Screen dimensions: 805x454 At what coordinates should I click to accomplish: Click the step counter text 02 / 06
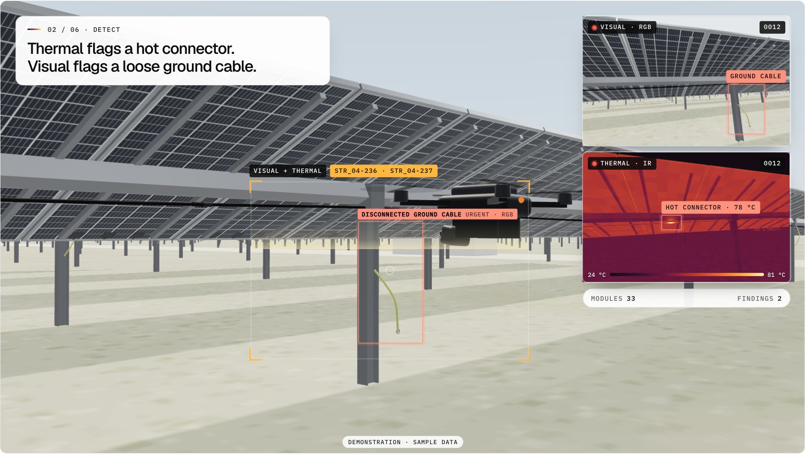click(x=63, y=30)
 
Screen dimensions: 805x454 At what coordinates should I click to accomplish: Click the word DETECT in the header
click(x=107, y=30)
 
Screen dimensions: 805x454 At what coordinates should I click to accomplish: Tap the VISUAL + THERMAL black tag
click(x=287, y=171)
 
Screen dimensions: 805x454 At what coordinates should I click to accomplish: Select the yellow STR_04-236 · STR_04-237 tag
click(x=383, y=171)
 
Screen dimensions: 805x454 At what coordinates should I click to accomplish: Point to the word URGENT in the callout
click(x=477, y=215)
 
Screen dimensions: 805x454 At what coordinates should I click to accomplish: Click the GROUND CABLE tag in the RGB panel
click(x=755, y=76)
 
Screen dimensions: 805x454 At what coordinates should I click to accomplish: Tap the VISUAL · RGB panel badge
click(x=622, y=27)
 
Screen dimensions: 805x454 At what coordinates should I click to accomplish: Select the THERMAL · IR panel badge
click(x=622, y=164)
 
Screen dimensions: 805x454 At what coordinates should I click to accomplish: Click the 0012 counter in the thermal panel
click(x=772, y=164)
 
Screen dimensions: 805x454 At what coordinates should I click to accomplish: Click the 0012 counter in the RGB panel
click(x=772, y=27)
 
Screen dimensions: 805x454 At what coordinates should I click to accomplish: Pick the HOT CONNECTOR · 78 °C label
click(x=710, y=208)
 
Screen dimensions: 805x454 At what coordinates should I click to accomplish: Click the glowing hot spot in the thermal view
click(x=671, y=223)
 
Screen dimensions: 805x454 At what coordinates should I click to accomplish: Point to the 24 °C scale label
click(x=597, y=275)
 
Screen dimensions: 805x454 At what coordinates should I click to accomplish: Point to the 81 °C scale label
click(x=776, y=275)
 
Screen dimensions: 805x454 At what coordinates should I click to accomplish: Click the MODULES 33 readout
click(x=613, y=298)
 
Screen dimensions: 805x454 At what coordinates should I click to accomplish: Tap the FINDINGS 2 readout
click(x=759, y=298)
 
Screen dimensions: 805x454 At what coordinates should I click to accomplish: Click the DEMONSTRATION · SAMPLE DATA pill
click(x=402, y=442)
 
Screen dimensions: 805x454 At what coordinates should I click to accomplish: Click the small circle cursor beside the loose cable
click(x=389, y=270)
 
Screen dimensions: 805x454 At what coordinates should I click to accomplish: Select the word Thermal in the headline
click(x=56, y=49)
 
